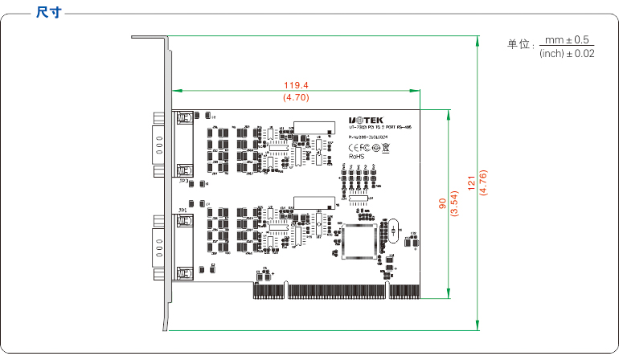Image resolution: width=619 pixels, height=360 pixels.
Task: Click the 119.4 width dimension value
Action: coord(297,84)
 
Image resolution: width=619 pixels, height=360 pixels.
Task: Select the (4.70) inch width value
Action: coord(297,97)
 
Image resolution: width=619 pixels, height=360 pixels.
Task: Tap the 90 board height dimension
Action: coord(441,204)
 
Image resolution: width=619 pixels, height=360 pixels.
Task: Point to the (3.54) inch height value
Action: coord(454,204)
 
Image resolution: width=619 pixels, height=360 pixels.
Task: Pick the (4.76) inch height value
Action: coord(483,182)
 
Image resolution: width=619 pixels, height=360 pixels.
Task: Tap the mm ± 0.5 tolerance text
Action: coord(567,39)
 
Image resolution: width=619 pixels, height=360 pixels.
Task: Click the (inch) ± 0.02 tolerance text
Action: coord(567,53)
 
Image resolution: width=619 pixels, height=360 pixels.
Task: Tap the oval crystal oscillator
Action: coord(391,231)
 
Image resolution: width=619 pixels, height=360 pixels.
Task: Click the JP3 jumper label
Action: coord(184,182)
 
